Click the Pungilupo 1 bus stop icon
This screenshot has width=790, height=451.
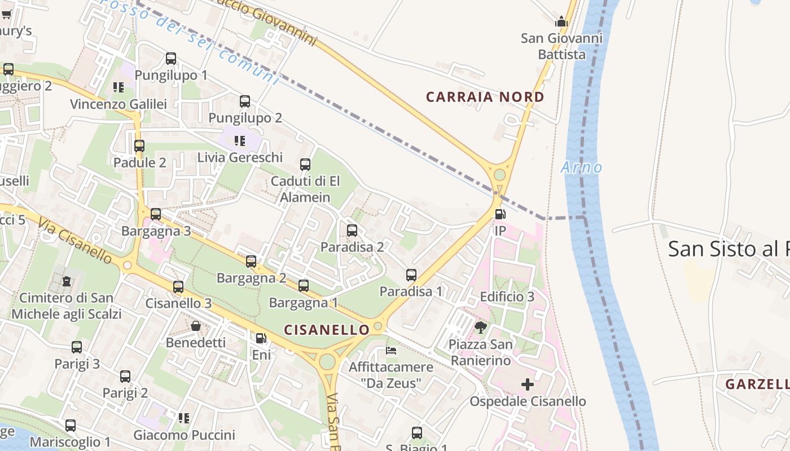point(171,59)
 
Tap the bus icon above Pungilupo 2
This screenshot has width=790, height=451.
point(245,101)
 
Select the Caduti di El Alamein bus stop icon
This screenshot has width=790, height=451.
point(305,165)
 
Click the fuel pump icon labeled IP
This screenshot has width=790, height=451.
point(500,214)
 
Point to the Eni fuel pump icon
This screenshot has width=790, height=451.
point(261,338)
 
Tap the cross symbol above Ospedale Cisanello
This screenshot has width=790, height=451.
point(528,385)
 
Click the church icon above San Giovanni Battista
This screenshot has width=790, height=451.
point(561,22)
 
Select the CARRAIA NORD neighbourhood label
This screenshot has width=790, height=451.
point(485,97)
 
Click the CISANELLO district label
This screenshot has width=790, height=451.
point(327,330)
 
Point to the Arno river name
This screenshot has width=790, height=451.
point(581,167)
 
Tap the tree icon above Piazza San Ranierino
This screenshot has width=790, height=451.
point(481,328)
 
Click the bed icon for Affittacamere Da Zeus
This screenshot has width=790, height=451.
point(391,351)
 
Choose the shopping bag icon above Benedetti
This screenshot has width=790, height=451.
point(196,326)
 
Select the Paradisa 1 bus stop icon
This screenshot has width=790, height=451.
point(411,275)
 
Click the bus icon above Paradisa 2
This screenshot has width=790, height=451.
point(352,230)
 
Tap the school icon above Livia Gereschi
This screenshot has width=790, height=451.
point(240,140)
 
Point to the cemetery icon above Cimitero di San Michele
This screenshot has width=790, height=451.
point(67,281)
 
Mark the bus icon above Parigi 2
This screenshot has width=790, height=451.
point(125,376)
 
